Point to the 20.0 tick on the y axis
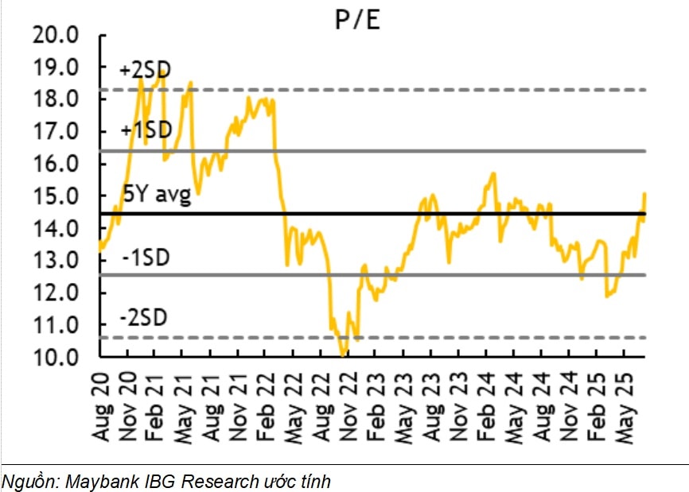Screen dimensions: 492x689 point(57,35)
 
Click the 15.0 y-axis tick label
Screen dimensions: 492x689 point(57,196)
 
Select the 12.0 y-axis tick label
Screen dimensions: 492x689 point(57,292)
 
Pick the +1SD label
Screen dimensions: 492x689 point(146,130)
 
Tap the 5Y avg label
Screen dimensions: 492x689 point(157,194)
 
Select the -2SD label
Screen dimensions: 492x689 point(144,318)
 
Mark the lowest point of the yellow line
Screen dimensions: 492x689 point(342,355)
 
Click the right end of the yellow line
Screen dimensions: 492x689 point(644,194)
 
